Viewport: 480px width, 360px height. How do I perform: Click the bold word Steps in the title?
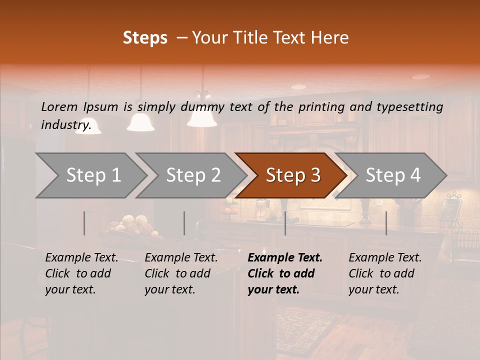tap(145, 38)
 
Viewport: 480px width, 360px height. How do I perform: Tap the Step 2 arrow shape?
tap(191, 175)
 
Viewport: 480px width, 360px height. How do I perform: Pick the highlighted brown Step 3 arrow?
tap(291, 175)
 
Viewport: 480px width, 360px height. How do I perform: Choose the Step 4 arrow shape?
tap(391, 175)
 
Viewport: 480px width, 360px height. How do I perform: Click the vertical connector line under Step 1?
tap(84, 223)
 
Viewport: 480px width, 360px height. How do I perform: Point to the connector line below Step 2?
tap(184, 223)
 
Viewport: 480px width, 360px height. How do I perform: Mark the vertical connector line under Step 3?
tap(285, 223)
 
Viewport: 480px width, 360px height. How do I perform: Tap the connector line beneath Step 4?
tap(386, 223)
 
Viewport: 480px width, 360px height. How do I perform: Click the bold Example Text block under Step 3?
tap(285, 273)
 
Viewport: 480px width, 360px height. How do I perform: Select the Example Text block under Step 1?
tap(81, 273)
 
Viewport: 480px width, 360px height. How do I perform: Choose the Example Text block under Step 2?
tap(181, 273)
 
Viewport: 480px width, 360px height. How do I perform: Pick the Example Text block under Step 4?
tap(385, 273)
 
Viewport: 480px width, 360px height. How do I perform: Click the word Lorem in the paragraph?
tap(59, 106)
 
